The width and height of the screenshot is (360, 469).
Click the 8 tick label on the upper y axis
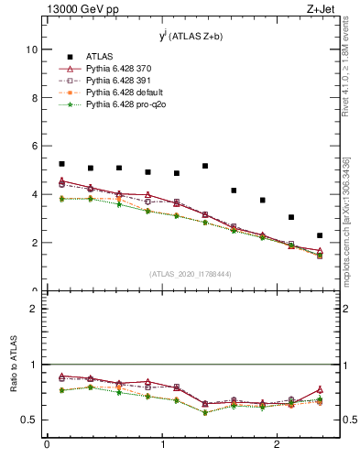click(x=34, y=98)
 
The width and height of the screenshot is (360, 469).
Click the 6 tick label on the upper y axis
click(x=34, y=147)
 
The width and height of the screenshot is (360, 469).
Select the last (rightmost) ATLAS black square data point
click(x=320, y=235)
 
